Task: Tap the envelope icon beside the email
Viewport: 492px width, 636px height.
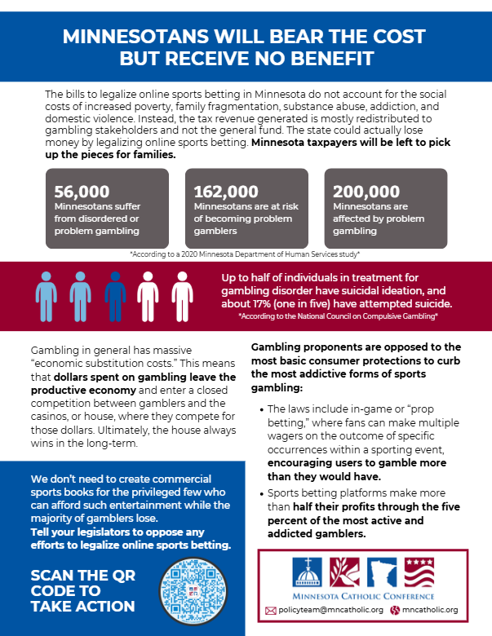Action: tap(271, 610)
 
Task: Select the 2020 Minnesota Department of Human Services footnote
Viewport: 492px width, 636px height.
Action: tap(246, 254)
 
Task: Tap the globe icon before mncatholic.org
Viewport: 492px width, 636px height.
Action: tap(396, 610)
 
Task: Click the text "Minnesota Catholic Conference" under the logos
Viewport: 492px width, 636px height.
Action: tap(364, 596)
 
